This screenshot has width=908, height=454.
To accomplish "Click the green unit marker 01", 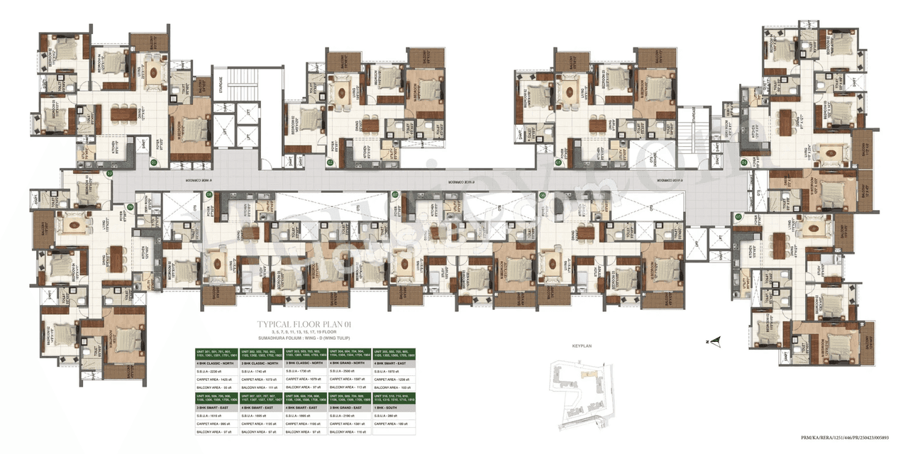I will click(x=154, y=162).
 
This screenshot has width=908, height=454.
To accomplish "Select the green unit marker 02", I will click(x=331, y=162).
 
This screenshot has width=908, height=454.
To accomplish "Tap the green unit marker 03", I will click(x=558, y=162).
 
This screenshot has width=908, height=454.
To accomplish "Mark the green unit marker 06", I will click(x=542, y=194).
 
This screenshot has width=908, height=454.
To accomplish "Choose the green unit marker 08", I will click(x=209, y=194).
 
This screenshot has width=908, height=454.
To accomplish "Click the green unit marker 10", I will click(x=110, y=172).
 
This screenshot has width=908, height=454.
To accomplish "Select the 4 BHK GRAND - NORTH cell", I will click(x=350, y=363).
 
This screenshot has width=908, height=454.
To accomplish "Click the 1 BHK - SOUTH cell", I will click(x=394, y=408).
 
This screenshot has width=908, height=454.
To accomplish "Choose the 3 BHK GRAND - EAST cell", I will click(x=350, y=408).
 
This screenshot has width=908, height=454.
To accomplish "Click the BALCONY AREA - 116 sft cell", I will click(x=350, y=431).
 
